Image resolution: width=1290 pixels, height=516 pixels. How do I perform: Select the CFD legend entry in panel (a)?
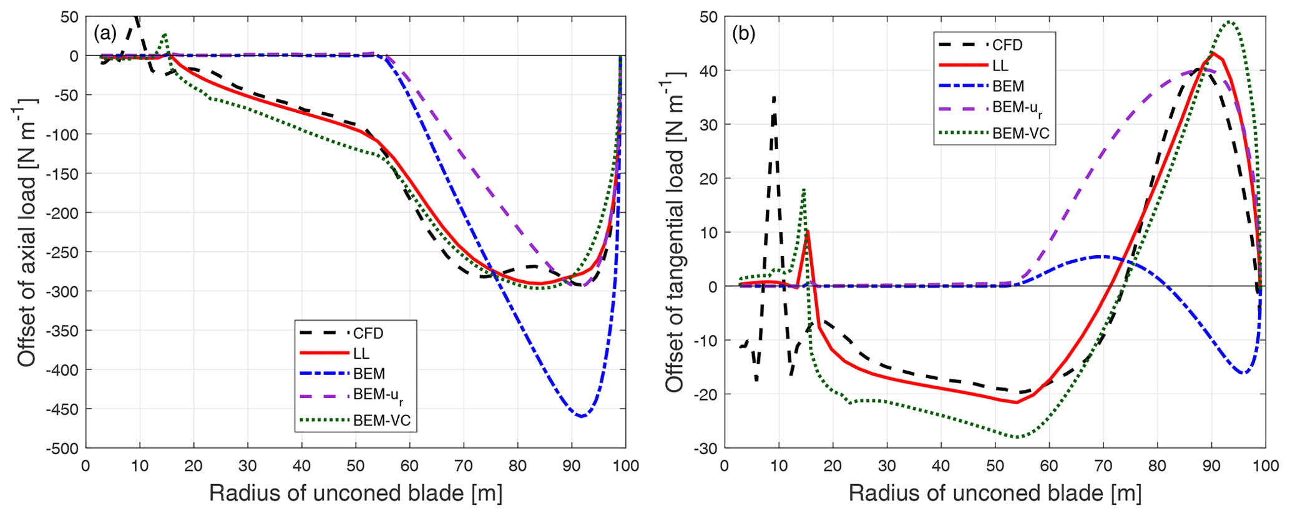368,333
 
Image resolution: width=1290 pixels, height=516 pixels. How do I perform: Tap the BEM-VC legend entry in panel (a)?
382,421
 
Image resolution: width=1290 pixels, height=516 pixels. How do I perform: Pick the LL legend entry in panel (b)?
1000,66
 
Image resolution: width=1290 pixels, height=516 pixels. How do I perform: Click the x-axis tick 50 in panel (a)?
356,466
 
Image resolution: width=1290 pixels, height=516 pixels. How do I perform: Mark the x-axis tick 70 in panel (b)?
1103,466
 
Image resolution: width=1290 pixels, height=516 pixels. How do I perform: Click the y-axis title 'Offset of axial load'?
26,233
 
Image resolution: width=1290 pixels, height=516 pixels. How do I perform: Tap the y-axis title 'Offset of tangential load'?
675,233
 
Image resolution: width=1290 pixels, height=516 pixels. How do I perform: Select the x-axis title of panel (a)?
355,494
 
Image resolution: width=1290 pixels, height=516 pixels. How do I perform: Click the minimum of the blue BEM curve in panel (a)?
581,416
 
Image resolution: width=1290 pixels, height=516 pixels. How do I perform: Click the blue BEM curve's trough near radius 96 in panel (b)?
1244,373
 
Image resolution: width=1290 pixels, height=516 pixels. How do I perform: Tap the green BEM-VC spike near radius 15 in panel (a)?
165,35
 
